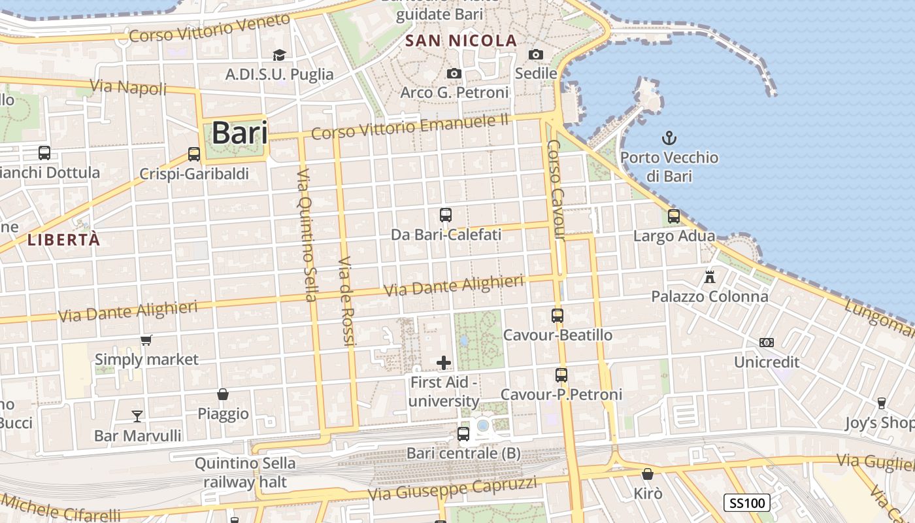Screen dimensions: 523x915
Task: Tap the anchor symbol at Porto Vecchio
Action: point(669,138)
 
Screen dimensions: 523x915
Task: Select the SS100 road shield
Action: point(747,503)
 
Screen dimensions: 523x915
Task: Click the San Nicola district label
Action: point(461,41)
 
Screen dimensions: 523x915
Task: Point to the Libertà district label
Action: point(64,240)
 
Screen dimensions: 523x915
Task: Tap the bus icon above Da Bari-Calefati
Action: point(446,214)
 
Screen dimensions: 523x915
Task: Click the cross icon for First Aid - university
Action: point(444,362)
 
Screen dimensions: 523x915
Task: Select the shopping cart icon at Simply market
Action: point(146,340)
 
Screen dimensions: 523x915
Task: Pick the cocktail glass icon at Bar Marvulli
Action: point(137,416)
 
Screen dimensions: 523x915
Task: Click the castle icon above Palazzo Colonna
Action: point(710,277)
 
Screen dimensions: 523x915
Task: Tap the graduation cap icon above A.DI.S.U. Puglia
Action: point(279,55)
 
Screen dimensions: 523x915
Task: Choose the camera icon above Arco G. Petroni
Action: point(454,73)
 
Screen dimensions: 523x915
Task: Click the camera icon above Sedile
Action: point(536,54)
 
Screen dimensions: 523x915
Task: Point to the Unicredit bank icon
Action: point(767,343)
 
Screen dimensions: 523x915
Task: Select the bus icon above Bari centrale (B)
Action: point(463,433)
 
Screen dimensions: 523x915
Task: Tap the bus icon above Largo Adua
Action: point(674,216)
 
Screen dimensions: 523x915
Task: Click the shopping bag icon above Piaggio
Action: point(223,394)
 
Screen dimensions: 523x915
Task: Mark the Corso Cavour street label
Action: point(556,190)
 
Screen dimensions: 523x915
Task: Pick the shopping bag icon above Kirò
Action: point(648,474)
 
